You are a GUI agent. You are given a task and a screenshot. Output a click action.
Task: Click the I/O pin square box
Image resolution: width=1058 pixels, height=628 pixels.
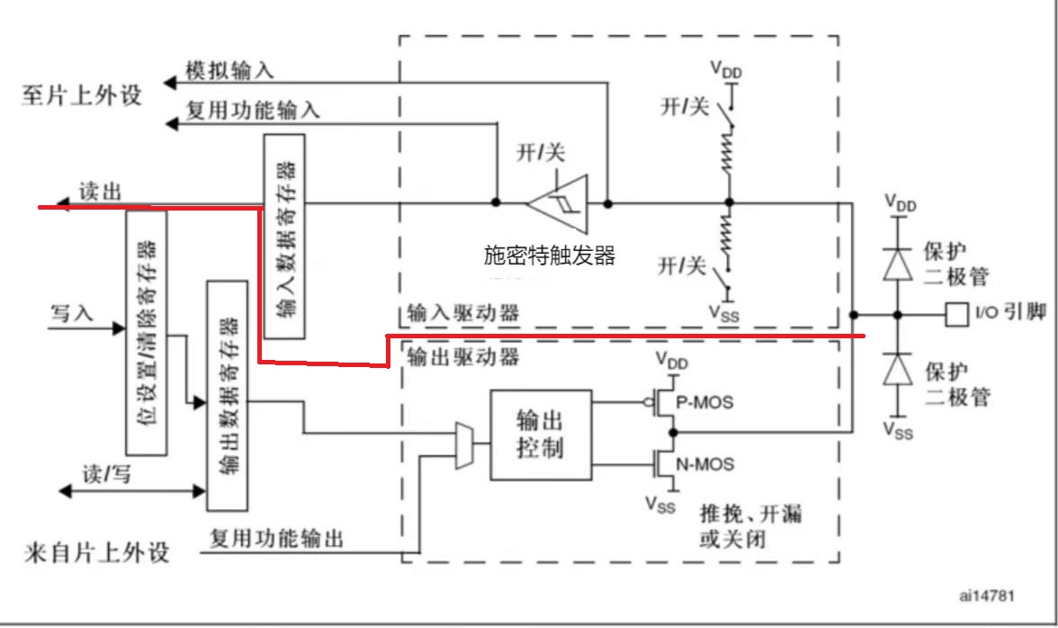point(955,314)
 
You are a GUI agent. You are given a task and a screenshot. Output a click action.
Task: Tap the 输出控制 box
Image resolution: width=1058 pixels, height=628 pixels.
point(541,435)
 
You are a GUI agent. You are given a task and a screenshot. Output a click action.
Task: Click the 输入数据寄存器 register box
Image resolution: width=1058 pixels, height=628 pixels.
point(284,236)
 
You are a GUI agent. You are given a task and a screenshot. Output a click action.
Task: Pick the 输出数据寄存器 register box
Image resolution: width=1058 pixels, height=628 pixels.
point(227,395)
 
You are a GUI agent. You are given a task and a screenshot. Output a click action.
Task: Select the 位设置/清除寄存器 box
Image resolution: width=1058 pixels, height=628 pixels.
point(147,331)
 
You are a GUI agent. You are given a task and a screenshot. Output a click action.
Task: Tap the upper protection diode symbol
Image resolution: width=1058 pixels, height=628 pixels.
point(897,262)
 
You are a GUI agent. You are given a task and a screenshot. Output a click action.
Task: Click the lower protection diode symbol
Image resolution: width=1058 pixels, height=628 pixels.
point(897,369)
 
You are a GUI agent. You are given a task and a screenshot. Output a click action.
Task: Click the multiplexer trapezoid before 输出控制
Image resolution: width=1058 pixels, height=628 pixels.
point(465,445)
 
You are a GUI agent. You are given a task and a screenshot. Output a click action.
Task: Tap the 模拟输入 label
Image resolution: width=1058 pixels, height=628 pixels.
point(229,70)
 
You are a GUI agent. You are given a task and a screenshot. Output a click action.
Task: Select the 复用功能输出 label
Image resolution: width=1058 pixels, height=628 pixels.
point(276,539)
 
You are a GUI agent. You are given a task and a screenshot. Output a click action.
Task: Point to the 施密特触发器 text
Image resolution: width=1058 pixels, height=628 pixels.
point(549,256)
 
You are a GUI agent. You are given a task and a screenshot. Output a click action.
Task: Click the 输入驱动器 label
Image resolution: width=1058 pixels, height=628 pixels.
point(463,314)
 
